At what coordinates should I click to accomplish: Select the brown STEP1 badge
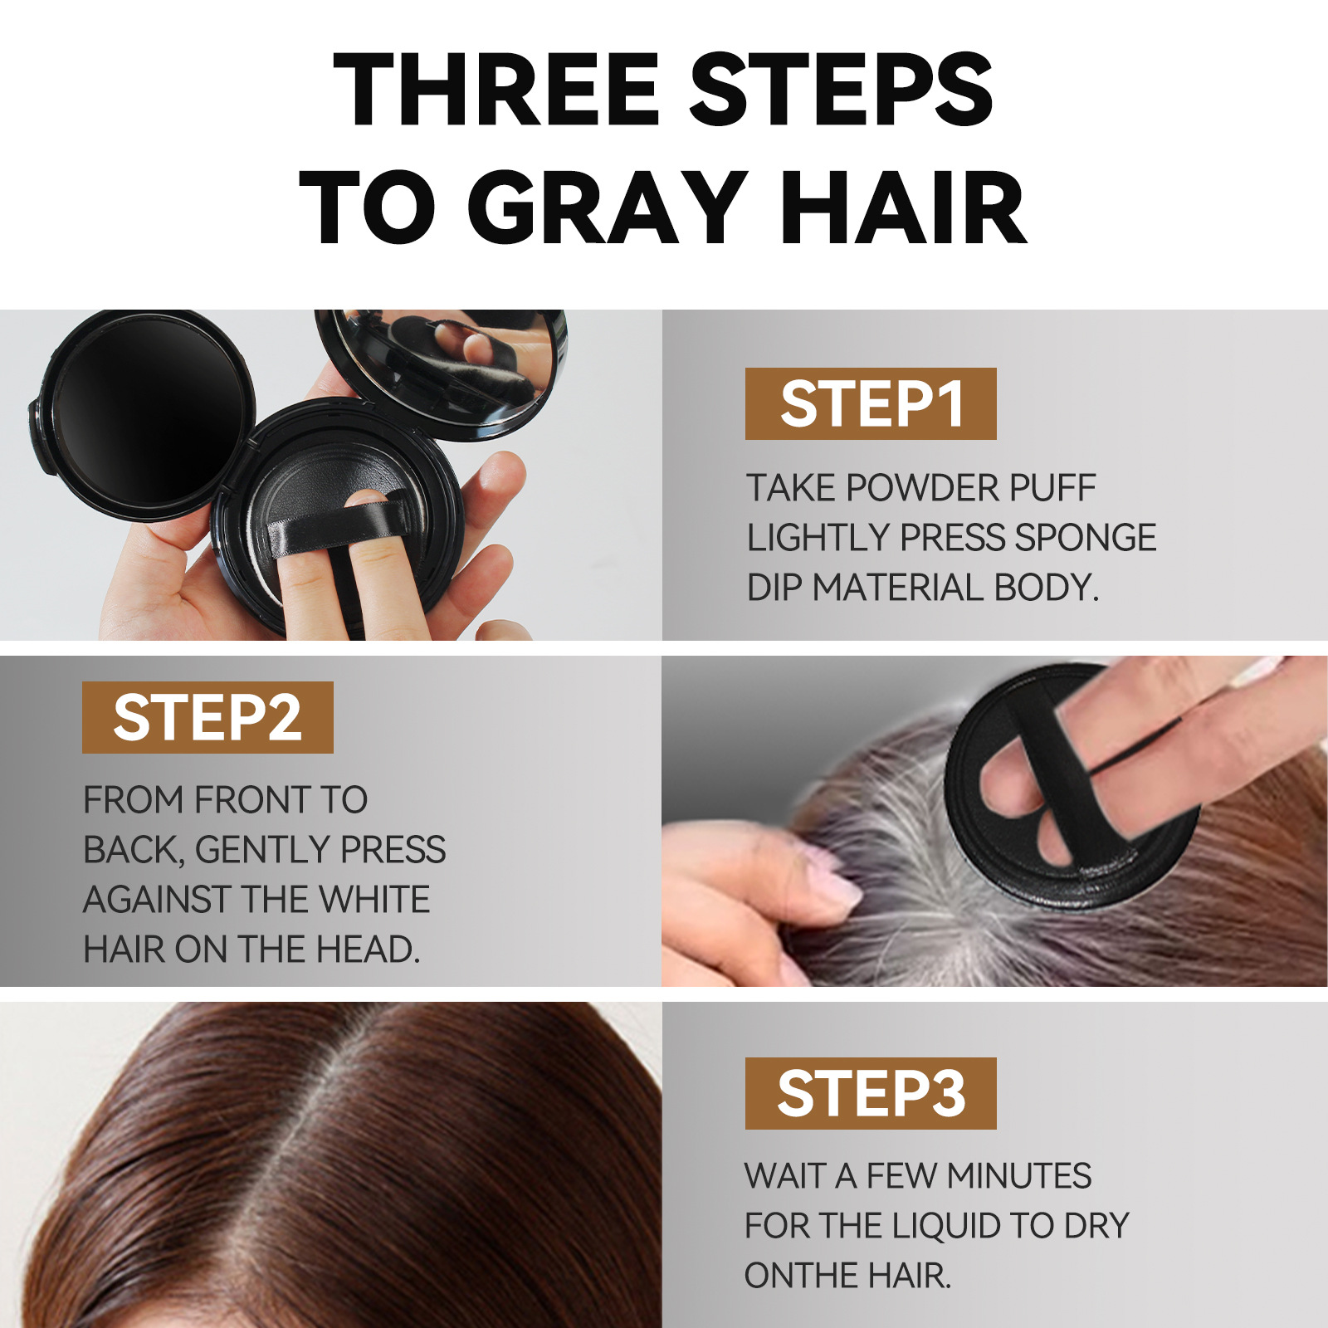(871, 403)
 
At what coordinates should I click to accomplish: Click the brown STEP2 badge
(207, 717)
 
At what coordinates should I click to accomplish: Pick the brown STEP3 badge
(871, 1093)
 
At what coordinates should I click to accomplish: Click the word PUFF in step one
(1052, 488)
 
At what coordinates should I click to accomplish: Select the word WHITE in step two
(374, 900)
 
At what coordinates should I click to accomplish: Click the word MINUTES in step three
(1019, 1176)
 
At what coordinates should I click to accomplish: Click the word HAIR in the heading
(904, 207)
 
